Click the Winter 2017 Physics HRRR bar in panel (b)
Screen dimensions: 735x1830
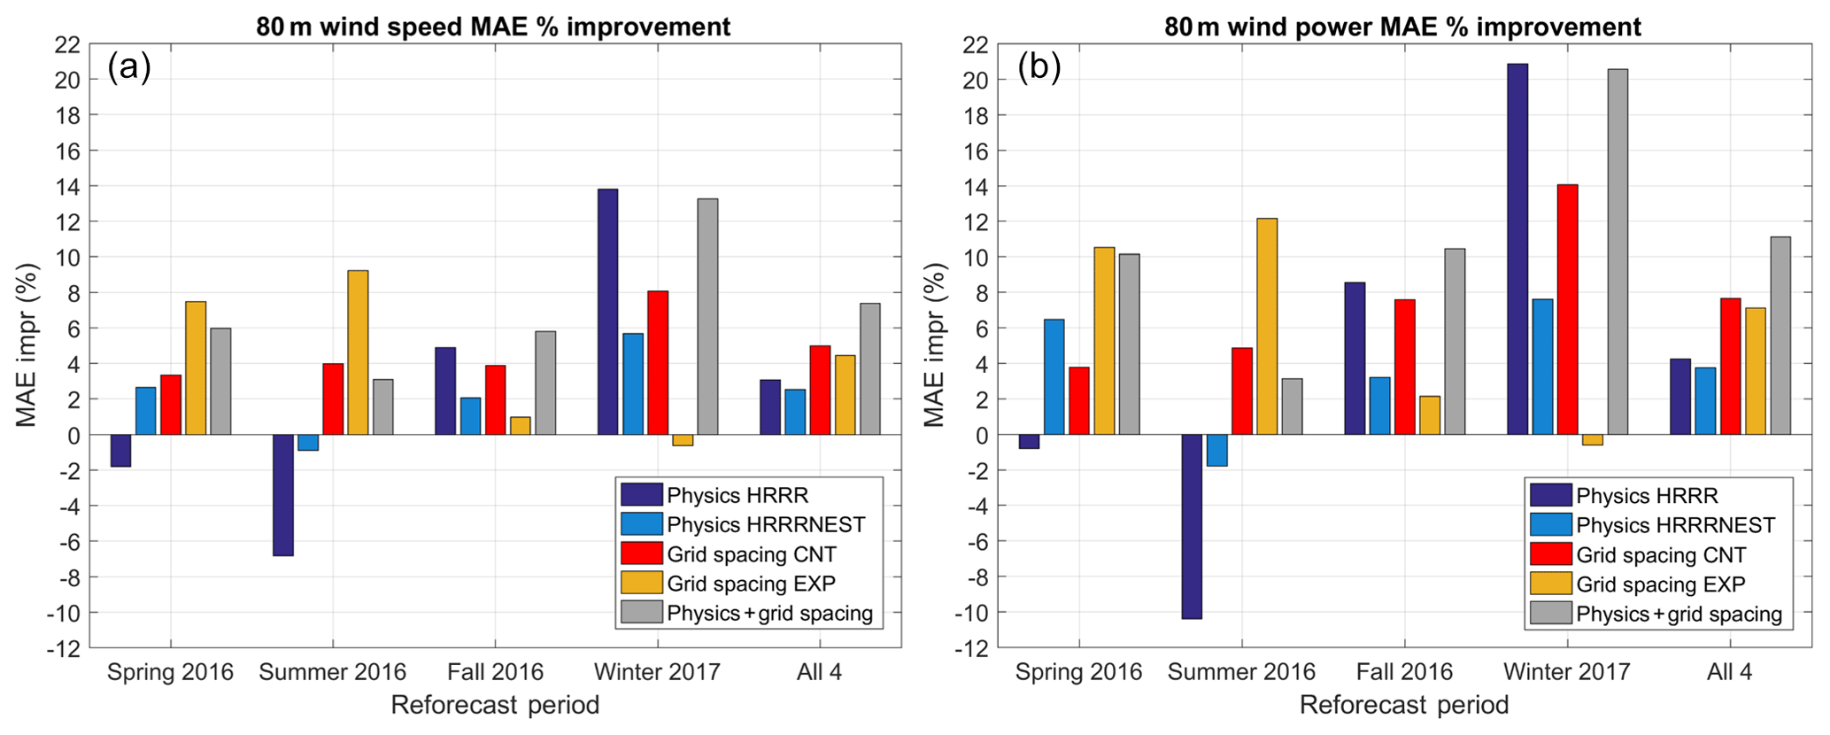[1517, 249]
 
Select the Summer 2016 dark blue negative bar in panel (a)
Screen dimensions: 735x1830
[283, 495]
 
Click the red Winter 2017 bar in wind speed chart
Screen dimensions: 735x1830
[658, 362]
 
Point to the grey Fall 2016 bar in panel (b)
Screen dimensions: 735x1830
[1454, 341]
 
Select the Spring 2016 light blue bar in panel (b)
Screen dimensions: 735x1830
[1054, 376]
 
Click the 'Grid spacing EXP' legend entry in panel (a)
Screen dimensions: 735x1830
[751, 584]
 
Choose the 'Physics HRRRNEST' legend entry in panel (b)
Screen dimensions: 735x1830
[1675, 525]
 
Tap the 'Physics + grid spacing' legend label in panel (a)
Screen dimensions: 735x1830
[769, 613]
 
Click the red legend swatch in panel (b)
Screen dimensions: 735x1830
[1550, 554]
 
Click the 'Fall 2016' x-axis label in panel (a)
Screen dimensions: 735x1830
[495, 672]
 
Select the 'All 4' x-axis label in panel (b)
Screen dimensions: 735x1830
[1729, 672]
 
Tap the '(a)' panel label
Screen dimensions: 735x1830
[129, 67]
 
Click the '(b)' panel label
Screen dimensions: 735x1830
[1039, 67]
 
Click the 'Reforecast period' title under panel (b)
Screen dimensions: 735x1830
[1403, 706]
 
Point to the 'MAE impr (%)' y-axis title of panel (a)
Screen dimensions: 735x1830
[27, 345]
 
